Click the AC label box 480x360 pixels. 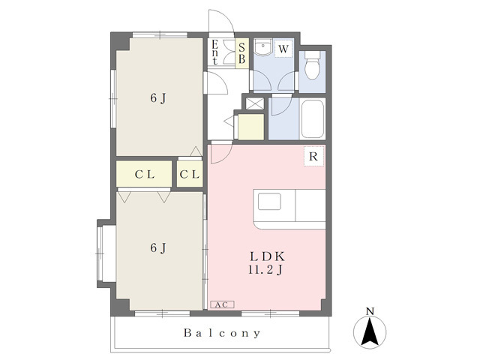click(x=222, y=304)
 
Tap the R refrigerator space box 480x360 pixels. click(x=313, y=157)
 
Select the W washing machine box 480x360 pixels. click(x=283, y=49)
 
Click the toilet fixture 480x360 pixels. click(x=312, y=64)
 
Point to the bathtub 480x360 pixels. click(x=312, y=119)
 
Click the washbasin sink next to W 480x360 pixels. click(x=263, y=47)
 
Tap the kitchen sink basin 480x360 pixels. click(x=269, y=202)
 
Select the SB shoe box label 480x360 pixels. click(x=241, y=53)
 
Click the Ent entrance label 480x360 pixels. click(x=215, y=52)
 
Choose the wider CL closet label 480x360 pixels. click(x=145, y=175)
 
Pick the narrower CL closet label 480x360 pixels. click(x=190, y=175)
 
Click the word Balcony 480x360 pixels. click(x=222, y=333)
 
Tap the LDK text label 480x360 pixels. click(x=268, y=256)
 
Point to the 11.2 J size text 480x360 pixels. click(x=265, y=270)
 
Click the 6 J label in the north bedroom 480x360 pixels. click(x=158, y=98)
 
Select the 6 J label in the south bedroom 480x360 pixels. click(x=158, y=247)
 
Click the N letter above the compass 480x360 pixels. click(x=370, y=312)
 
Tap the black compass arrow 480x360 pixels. click(x=370, y=331)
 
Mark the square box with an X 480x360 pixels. click(x=255, y=103)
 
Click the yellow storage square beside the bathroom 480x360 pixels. click(x=251, y=127)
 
